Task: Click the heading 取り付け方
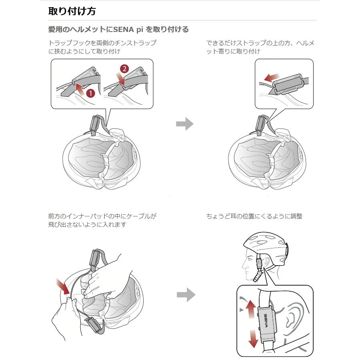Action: tap(72, 11)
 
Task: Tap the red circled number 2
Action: tap(124, 68)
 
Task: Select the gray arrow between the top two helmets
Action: tap(184, 124)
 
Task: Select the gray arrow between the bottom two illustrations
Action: tap(186, 296)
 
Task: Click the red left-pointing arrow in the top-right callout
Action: tap(272, 77)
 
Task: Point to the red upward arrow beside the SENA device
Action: tap(250, 310)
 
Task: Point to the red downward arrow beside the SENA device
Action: tap(252, 339)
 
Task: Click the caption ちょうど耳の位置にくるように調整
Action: tap(254, 216)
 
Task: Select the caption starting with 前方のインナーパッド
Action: tap(102, 220)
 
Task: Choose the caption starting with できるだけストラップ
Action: tap(260, 47)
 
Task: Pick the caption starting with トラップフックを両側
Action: tap(102, 47)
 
